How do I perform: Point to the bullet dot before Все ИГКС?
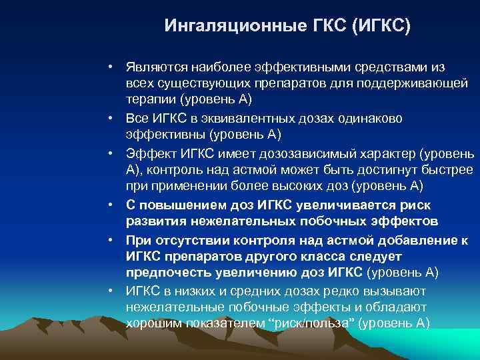[114, 118]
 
